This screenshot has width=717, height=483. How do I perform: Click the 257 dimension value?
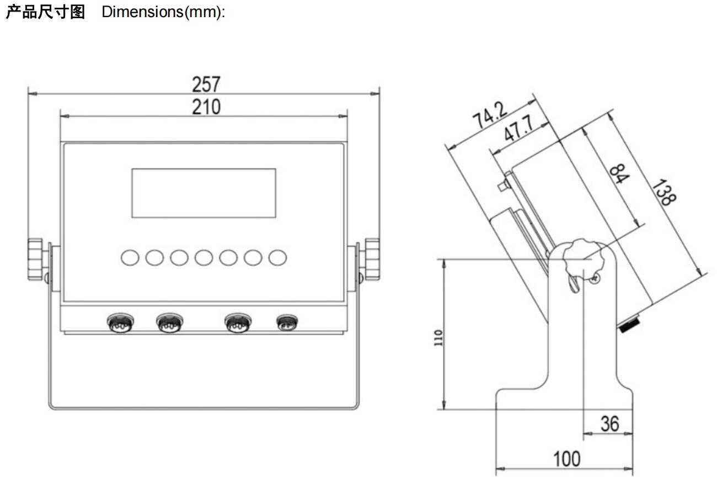click(206, 84)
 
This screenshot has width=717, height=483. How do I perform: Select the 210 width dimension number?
click(206, 107)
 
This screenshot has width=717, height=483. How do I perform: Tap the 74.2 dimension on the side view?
click(490, 114)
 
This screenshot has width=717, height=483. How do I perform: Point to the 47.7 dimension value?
click(519, 128)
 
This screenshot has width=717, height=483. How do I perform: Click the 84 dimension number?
click(619, 173)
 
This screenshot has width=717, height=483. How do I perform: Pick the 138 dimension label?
click(665, 192)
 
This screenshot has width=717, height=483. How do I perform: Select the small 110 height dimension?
click(438, 338)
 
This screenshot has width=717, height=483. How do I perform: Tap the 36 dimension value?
click(610, 424)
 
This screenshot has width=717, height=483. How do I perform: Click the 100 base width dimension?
click(567, 459)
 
